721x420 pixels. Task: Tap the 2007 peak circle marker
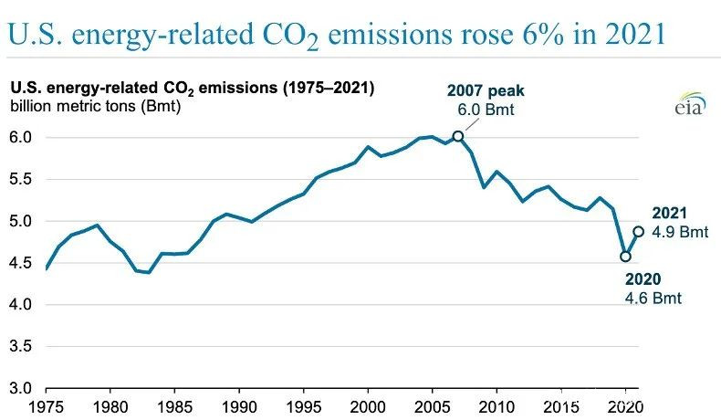(458, 136)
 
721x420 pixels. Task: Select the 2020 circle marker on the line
(625, 256)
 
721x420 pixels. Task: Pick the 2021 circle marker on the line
(639, 232)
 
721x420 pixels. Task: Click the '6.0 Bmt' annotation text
(482, 109)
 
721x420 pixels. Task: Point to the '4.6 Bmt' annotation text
(653, 299)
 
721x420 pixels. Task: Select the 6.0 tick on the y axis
(20, 137)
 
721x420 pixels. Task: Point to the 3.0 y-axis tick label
(20, 389)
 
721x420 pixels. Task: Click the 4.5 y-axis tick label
(20, 263)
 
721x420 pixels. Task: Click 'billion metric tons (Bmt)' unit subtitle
(96, 106)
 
